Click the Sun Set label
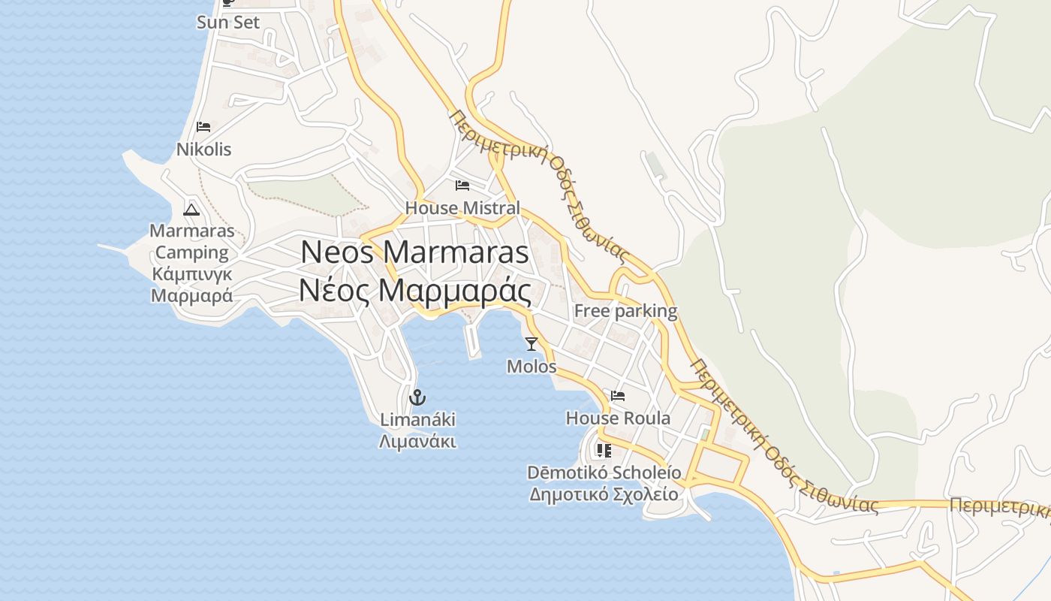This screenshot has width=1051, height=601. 228,23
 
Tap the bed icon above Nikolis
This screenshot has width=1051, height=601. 203,126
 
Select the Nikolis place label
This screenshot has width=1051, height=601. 203,149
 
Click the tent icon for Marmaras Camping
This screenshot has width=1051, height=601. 191,210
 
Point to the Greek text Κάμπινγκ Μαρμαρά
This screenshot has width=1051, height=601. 191,284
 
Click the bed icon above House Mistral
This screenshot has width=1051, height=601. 462,185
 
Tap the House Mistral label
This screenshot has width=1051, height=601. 462,208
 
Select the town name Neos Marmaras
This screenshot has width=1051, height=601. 414,252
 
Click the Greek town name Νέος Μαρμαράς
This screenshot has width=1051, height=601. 414,291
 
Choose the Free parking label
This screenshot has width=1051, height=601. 625,311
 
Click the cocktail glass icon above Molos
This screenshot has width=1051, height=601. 532,344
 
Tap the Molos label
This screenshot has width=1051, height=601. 532,367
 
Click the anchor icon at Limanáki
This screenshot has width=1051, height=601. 417,397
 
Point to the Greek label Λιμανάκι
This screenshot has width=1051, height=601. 417,441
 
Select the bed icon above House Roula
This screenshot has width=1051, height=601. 618,395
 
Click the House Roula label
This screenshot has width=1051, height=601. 618,418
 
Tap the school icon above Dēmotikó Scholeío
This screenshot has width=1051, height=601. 604,450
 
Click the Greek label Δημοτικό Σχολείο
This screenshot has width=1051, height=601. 604,494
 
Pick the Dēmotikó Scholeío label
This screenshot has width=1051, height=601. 604,473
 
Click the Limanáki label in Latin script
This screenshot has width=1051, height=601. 417,419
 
